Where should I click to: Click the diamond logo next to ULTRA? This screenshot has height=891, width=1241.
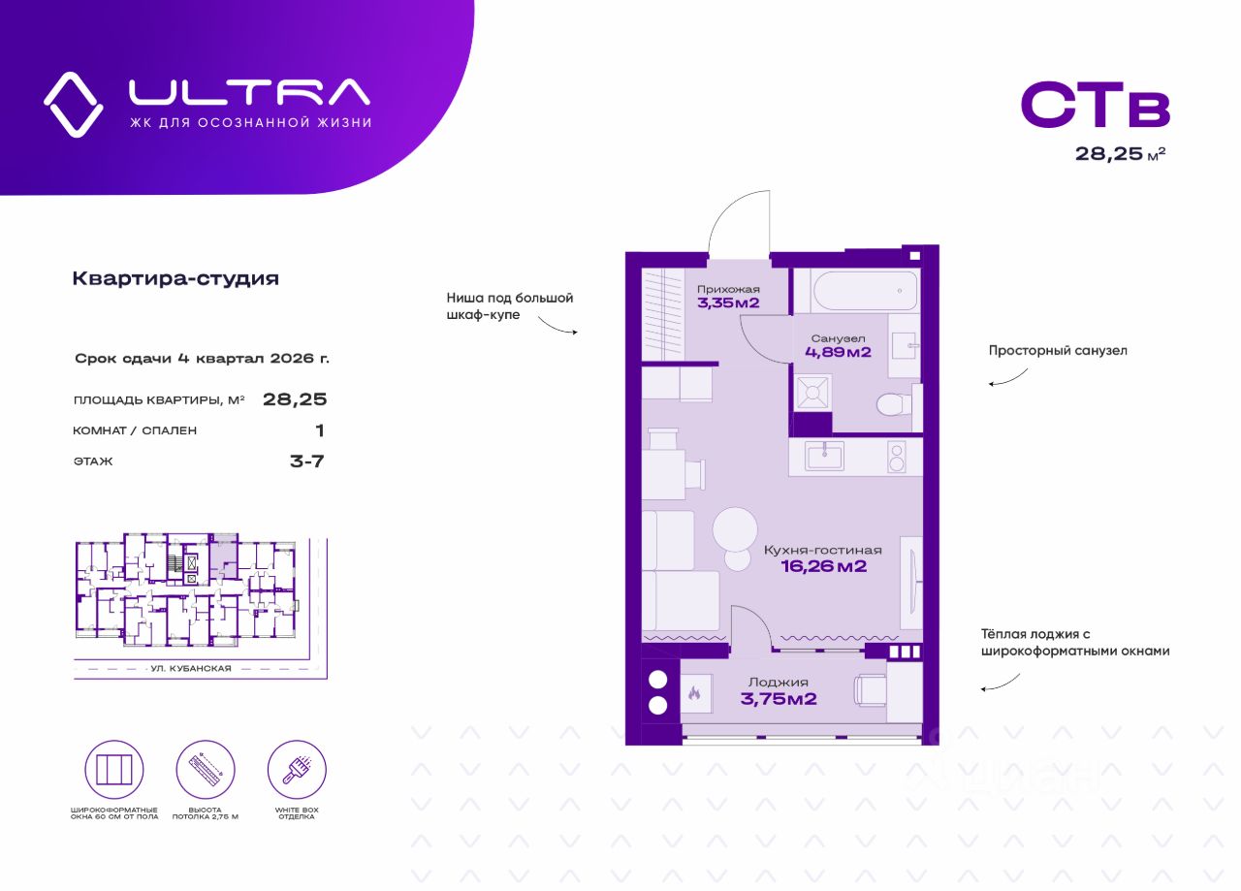point(73,104)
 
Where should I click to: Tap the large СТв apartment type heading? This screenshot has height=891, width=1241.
point(1095,106)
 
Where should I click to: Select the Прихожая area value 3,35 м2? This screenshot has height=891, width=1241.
point(728,303)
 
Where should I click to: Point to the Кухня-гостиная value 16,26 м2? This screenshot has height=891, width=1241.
point(823,566)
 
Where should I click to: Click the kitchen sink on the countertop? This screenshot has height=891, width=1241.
point(825,455)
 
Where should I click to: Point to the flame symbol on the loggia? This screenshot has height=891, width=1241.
point(694,693)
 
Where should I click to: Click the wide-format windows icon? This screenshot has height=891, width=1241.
point(114,770)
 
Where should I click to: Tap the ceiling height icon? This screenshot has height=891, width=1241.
point(206,770)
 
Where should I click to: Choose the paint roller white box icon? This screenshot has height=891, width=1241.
point(297,770)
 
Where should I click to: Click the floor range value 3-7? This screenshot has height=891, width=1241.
point(306,461)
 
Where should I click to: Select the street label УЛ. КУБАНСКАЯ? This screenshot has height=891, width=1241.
point(193,668)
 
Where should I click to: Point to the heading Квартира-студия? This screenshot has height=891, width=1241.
point(175,279)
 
